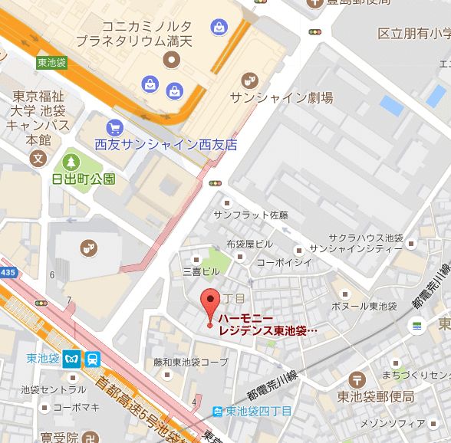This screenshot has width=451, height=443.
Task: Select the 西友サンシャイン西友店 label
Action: tap(166, 144)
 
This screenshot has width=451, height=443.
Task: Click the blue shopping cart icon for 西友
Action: tap(115, 128)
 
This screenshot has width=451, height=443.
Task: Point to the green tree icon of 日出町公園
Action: tap(71, 162)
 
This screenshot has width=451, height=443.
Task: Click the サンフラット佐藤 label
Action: tap(251, 215)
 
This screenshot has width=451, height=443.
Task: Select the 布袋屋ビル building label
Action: tap(249, 244)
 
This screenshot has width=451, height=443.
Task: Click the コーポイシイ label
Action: tap(284, 261)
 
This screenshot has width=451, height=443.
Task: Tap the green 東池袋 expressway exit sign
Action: tap(51, 63)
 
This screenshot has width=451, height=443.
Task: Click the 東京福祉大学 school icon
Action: tap(37, 159)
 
